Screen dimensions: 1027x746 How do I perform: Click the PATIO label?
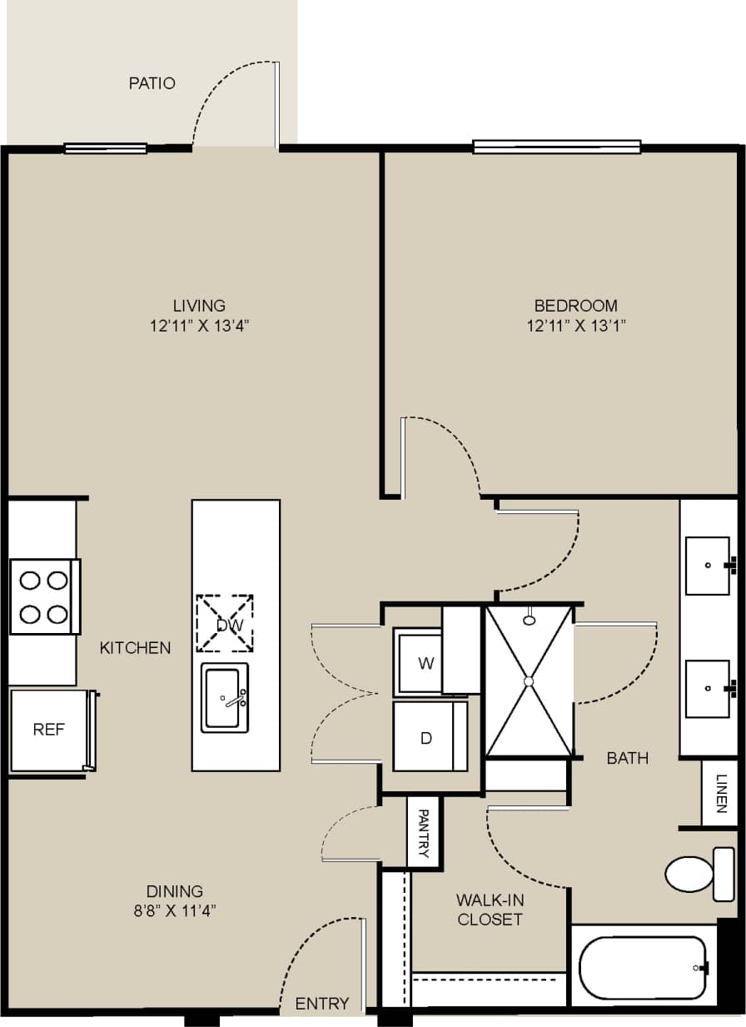[x=152, y=83]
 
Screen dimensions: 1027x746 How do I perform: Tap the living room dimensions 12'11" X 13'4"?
[x=199, y=326]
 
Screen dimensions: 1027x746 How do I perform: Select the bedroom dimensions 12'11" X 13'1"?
[x=576, y=326]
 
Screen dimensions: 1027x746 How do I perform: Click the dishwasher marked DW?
[x=224, y=624]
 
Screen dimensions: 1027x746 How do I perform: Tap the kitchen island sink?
[x=225, y=698]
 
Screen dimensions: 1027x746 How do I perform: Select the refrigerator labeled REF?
[x=49, y=730]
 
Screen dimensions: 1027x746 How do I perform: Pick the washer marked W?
[x=425, y=664]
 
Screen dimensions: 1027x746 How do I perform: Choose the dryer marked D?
[x=426, y=737]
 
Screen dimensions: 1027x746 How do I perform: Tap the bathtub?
[x=643, y=967]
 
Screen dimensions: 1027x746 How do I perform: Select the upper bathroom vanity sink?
[x=708, y=566]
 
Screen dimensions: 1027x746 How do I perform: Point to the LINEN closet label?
[x=719, y=793]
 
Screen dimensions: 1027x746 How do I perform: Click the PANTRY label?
[x=424, y=832]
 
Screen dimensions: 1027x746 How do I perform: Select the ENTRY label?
[x=322, y=1003]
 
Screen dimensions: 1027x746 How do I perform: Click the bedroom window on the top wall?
[x=556, y=147]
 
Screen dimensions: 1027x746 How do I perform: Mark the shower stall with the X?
[x=529, y=681]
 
